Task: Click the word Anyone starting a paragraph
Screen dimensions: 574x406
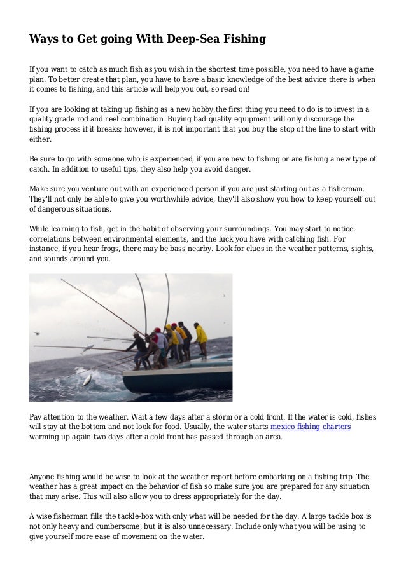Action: [45, 476]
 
